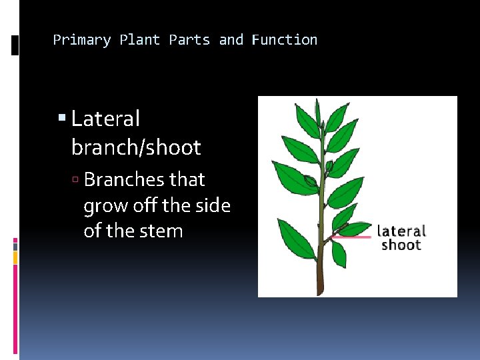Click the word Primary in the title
81,40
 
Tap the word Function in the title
285,40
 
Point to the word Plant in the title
140,40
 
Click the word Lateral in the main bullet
105,119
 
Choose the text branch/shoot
135,147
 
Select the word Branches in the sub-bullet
125,180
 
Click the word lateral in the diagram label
401,231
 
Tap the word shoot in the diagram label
401,245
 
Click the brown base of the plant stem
321,283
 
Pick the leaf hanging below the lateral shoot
339,254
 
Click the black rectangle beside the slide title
15,45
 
